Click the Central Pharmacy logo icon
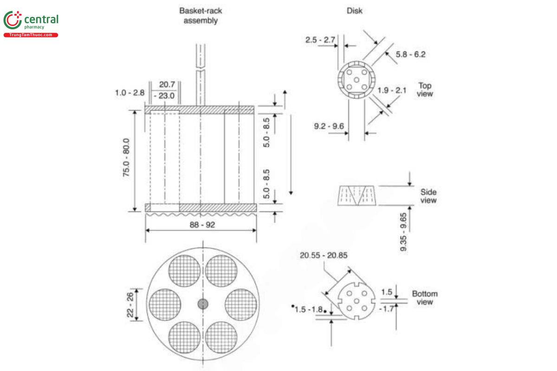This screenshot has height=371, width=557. pyautogui.click(x=13, y=20)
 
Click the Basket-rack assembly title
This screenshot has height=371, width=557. pyautogui.click(x=201, y=16)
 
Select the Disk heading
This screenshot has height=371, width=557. pyautogui.click(x=354, y=11)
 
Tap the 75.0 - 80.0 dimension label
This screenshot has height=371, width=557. pyautogui.click(x=126, y=160)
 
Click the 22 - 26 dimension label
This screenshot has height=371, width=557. pyautogui.click(x=131, y=304)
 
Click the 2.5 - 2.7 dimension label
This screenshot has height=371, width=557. pyautogui.click(x=320, y=40)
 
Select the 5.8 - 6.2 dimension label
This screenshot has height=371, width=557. pyautogui.click(x=410, y=54)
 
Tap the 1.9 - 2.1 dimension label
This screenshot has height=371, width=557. pyautogui.click(x=392, y=90)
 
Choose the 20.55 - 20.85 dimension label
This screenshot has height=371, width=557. pyautogui.click(x=324, y=255)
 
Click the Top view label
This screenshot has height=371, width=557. pyautogui.click(x=425, y=90)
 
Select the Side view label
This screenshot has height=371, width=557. pyautogui.click(x=428, y=196)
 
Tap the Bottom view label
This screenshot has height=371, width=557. pyautogui.click(x=425, y=298)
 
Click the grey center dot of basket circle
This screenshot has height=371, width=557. pyautogui.click(x=203, y=304)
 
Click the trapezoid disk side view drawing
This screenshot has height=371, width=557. pyautogui.click(x=356, y=196)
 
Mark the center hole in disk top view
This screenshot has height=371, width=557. pyautogui.click(x=356, y=80)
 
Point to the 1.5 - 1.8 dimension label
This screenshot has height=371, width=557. pyautogui.click(x=309, y=309)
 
